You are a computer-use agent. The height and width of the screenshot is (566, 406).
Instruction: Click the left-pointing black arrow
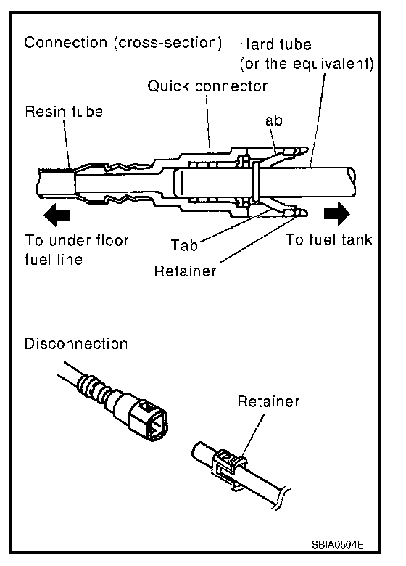click(57, 215)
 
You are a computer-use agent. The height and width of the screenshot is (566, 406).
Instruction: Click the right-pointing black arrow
click(337, 213)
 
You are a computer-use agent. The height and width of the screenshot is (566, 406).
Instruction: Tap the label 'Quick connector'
click(207, 86)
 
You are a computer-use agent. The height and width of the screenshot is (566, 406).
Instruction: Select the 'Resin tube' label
click(64, 111)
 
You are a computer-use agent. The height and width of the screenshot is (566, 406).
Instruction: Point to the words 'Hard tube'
click(275, 44)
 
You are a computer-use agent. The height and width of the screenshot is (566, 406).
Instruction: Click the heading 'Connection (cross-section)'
click(123, 43)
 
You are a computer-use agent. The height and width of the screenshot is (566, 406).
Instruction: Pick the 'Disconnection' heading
click(76, 344)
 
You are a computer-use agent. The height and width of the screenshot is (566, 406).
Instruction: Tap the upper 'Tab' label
click(269, 120)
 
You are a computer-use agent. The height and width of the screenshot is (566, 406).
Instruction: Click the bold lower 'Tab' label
click(184, 245)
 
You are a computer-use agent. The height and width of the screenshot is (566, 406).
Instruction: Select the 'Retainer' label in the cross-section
click(185, 271)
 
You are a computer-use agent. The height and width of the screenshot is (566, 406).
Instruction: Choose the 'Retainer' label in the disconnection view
click(268, 401)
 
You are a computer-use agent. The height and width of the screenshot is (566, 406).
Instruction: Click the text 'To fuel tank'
click(328, 239)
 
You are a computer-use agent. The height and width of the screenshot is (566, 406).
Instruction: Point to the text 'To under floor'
click(76, 240)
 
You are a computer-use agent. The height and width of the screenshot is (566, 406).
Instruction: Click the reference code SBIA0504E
click(337, 544)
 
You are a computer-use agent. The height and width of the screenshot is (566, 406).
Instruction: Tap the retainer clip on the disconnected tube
click(229, 469)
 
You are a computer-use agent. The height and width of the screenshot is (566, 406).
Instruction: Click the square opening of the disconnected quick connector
click(157, 426)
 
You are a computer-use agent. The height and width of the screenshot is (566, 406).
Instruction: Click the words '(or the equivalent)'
click(307, 64)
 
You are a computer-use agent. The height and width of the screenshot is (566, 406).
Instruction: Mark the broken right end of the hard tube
click(352, 181)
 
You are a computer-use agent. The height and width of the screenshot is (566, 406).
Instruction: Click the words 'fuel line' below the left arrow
click(54, 259)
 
